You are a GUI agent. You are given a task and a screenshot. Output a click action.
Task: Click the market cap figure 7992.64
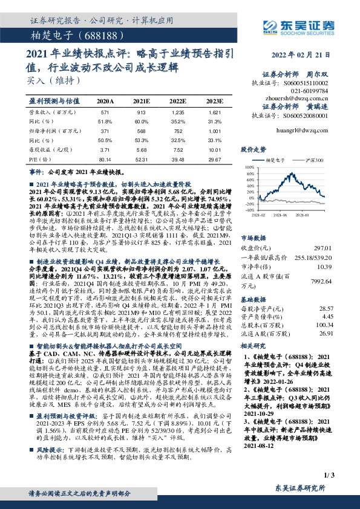339,280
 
